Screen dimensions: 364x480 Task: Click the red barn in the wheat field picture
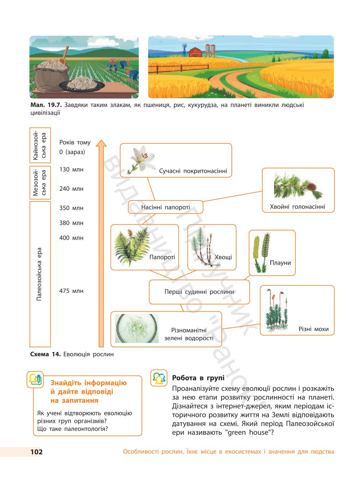(195, 52)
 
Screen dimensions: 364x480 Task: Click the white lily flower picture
(142, 159)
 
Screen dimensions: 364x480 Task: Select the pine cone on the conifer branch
(312, 187)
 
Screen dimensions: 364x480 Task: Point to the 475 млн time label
(71, 291)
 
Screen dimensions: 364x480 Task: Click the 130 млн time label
(71, 169)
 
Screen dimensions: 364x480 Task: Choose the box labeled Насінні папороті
(165, 207)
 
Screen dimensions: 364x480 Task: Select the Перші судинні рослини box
(199, 292)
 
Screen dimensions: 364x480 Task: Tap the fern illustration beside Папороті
(132, 247)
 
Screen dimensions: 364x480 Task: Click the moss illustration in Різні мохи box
(276, 310)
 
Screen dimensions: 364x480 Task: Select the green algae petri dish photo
(137, 328)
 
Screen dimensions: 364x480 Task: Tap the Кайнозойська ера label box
(40, 146)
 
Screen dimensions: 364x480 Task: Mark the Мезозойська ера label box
(40, 183)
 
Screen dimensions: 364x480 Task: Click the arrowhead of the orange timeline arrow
(101, 143)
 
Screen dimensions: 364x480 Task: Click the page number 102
(36, 452)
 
